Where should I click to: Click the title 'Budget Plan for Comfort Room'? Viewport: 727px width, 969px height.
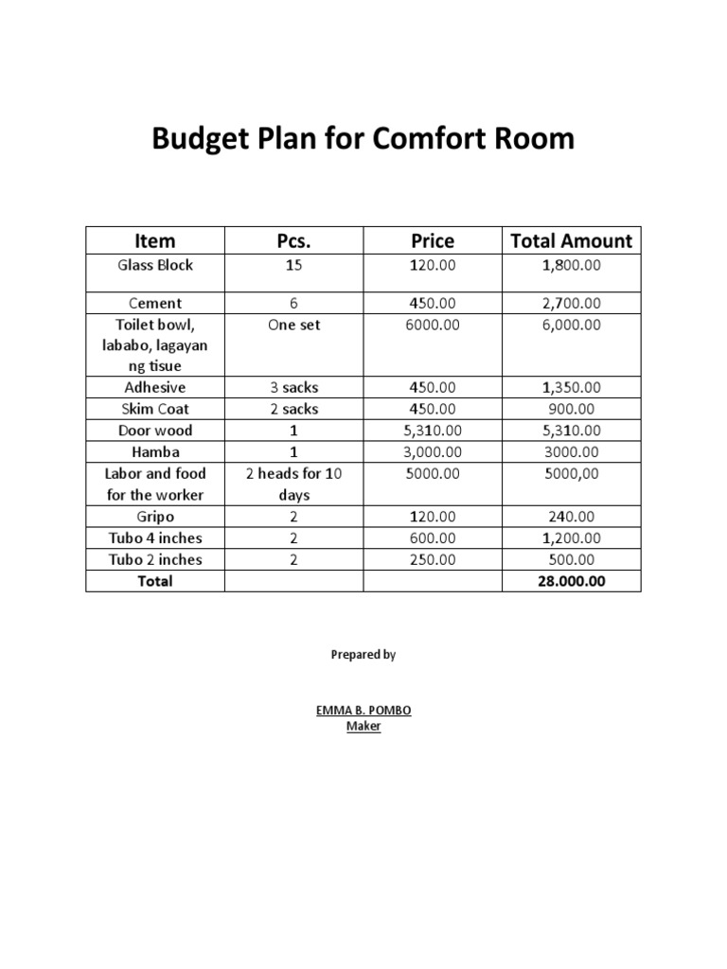click(x=363, y=139)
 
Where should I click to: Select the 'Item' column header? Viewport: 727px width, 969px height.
click(x=155, y=240)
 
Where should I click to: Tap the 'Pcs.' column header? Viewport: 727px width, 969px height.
click(x=293, y=240)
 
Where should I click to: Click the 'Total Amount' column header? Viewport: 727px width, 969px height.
click(x=571, y=240)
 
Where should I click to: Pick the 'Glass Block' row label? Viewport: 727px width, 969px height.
click(x=155, y=265)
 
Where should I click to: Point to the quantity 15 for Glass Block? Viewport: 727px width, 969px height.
click(x=293, y=265)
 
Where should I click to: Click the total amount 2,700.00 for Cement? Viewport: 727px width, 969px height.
click(x=571, y=303)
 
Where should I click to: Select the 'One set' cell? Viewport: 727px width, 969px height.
click(x=293, y=325)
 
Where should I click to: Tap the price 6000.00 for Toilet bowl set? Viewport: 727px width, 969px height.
click(x=431, y=325)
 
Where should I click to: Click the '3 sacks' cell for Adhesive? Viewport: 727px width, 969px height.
click(x=293, y=387)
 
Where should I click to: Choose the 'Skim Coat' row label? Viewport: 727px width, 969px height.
click(x=155, y=409)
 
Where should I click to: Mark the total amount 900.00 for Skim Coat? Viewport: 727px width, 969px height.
click(x=571, y=409)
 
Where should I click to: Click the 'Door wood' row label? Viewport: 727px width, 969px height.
click(x=155, y=431)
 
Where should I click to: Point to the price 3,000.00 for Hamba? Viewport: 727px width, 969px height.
click(x=431, y=452)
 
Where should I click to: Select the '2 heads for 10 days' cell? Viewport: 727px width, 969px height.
click(x=293, y=484)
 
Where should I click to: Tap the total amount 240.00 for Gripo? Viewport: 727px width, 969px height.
click(x=571, y=517)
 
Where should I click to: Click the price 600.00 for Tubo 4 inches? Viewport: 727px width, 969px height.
click(x=431, y=537)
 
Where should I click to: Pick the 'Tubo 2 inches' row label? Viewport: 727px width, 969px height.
click(x=155, y=559)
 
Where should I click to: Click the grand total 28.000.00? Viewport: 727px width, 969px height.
click(x=571, y=581)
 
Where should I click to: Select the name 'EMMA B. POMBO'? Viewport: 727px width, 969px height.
click(x=363, y=710)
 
